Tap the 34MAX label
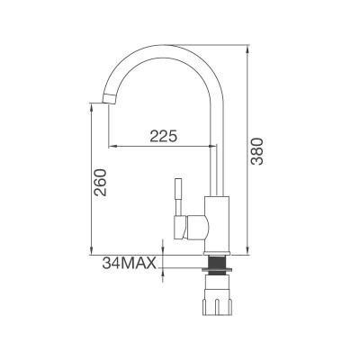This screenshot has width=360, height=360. pyautogui.click(x=130, y=264)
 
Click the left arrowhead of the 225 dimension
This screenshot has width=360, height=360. pyautogui.click(x=112, y=145)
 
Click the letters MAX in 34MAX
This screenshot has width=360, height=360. pyautogui.click(x=141, y=264)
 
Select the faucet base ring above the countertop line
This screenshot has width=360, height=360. pyautogui.click(x=218, y=247)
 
